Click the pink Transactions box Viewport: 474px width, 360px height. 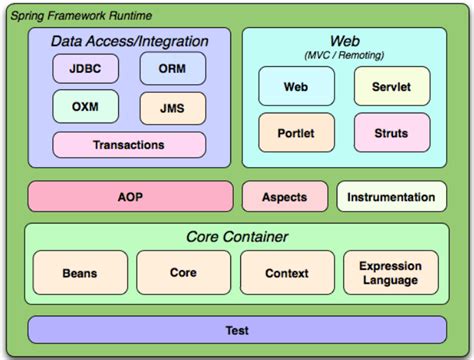tap(129, 145)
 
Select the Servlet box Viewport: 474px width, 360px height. tap(393, 87)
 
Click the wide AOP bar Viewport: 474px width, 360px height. tap(130, 197)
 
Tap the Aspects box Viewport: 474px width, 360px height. tap(284, 197)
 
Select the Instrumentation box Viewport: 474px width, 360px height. tap(391, 197)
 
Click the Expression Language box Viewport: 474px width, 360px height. tap(391, 273)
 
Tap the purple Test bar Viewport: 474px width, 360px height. tap(236, 329)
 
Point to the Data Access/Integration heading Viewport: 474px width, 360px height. tap(130, 41)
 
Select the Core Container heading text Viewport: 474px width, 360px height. tap(237, 237)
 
